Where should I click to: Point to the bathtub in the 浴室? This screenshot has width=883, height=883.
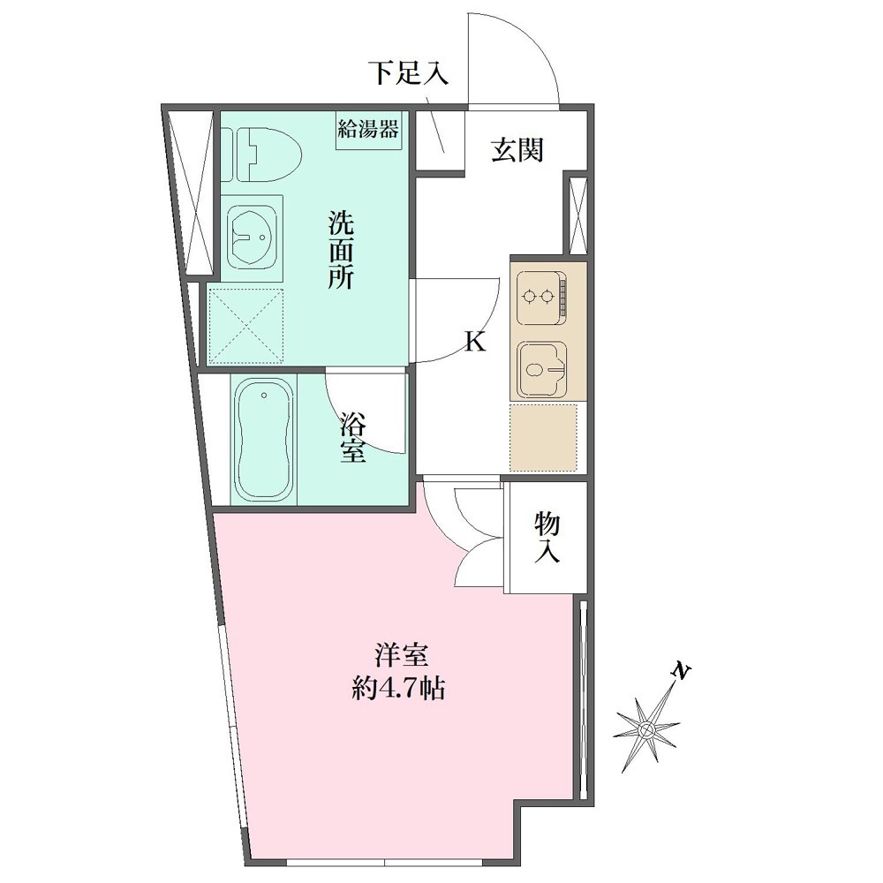tap(264, 438)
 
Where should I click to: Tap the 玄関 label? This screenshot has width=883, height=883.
tap(517, 150)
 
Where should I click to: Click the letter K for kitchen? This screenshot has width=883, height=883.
tap(475, 341)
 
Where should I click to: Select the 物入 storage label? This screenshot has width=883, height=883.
tap(547, 537)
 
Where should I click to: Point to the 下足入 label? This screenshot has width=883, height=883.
tap(408, 72)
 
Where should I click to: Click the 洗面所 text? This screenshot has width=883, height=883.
tap(341, 250)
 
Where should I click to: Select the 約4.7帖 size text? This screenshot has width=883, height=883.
tap(399, 688)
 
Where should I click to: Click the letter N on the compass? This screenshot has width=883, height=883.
tap(682, 671)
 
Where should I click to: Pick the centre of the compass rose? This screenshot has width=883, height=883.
tap(646, 730)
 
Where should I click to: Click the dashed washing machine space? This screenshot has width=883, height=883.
tap(245, 327)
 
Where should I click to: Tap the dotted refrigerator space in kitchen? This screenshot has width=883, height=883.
tap(543, 438)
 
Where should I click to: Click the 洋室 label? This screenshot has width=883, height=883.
tap(402, 655)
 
